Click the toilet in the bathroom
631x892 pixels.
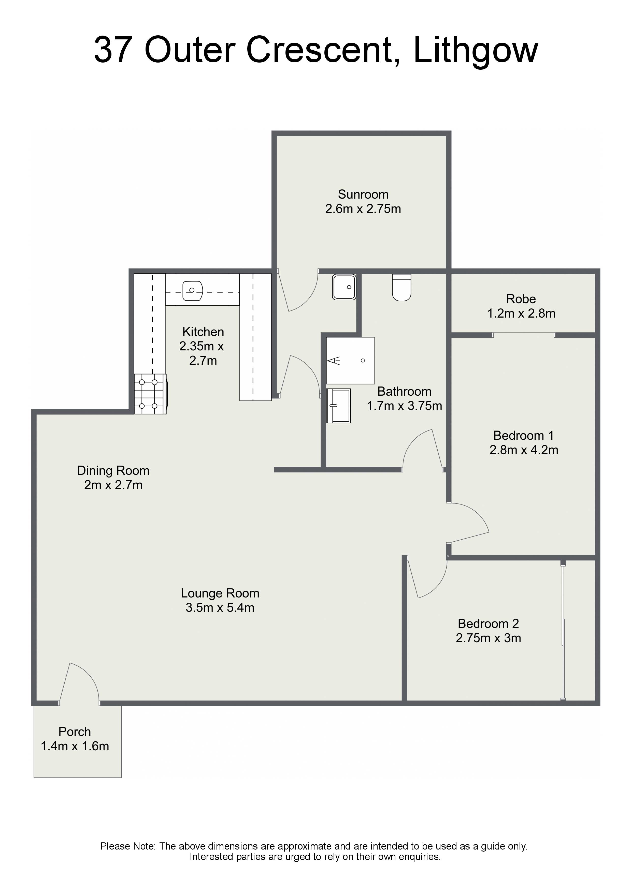401,288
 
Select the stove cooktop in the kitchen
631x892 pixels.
150,394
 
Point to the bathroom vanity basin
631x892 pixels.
338,406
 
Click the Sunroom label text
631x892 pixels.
363,194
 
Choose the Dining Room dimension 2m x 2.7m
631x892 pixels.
113,485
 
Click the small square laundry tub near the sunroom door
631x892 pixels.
344,287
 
